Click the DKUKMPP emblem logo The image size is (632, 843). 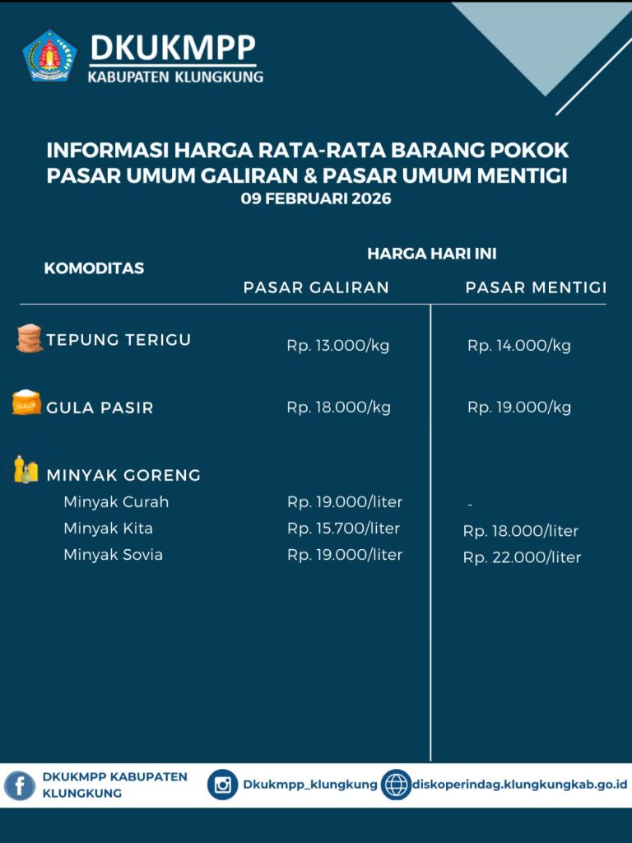(x=49, y=56)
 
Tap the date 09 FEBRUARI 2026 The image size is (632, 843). (x=316, y=198)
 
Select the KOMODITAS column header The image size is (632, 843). (x=94, y=268)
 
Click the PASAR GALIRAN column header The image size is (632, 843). (x=316, y=287)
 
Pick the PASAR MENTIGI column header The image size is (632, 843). (x=536, y=287)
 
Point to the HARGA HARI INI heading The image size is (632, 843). (x=431, y=254)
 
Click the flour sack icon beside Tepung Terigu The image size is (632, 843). (x=29, y=338)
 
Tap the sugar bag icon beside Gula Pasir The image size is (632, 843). (x=26, y=403)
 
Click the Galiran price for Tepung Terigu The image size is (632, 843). (x=337, y=346)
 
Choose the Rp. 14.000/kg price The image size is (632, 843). (x=518, y=346)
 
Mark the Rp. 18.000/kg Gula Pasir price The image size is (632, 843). (x=337, y=408)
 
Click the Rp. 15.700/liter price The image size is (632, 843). (x=343, y=529)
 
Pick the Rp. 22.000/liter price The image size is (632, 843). (x=522, y=558)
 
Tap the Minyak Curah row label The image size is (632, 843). (x=116, y=502)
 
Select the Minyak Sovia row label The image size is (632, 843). (x=113, y=555)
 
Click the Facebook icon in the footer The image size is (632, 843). (x=20, y=785)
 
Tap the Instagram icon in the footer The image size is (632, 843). (x=222, y=785)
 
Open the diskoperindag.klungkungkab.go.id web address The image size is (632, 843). (x=519, y=785)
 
